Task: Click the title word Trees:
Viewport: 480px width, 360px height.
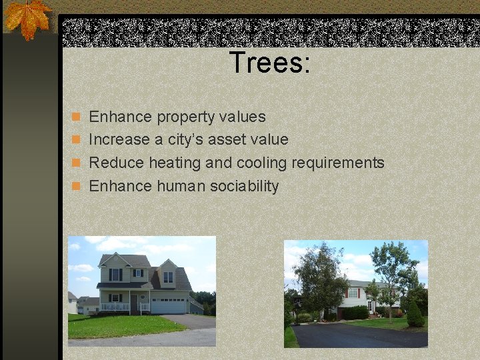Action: point(270,63)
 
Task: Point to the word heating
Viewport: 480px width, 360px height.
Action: point(175,163)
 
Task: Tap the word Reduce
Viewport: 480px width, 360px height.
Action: point(116,163)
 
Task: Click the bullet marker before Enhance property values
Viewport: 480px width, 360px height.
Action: point(76,117)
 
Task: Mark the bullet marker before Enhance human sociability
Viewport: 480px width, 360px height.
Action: point(76,187)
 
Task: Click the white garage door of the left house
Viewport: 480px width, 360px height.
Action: point(169,306)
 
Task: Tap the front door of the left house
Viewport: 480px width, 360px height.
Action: point(133,303)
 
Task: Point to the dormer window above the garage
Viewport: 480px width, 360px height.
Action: point(168,276)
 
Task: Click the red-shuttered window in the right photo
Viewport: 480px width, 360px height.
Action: point(353,293)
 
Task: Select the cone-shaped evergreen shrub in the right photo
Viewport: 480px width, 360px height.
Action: point(415,315)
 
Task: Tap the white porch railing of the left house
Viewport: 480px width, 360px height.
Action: point(114,307)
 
